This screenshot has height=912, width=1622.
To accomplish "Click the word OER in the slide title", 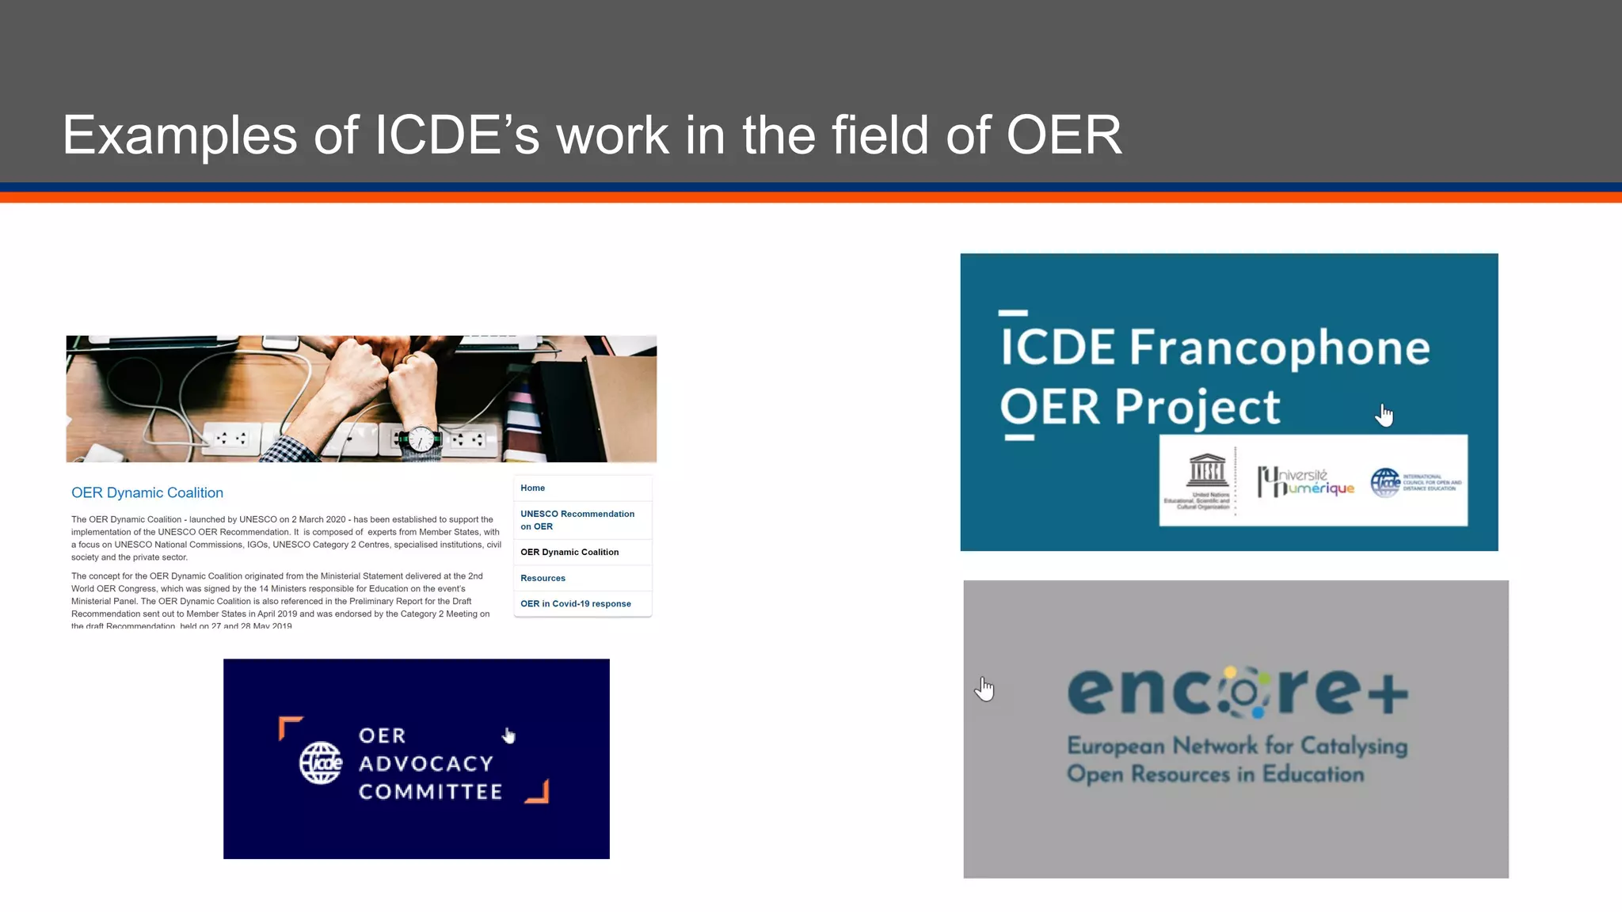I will click(x=1064, y=135).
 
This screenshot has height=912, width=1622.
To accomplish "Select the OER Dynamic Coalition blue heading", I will click(x=147, y=492).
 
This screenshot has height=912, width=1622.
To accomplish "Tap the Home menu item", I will click(x=532, y=488).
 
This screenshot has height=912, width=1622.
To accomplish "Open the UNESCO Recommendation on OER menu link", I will click(x=577, y=520).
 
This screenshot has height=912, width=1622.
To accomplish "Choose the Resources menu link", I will click(x=543, y=578).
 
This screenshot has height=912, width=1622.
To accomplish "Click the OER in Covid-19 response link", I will click(x=575, y=603).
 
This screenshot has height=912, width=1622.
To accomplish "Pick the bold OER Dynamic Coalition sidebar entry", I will click(x=569, y=552).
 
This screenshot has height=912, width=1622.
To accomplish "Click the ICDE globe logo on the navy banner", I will click(x=321, y=763).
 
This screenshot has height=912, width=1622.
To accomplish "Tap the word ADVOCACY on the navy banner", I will click(x=426, y=764).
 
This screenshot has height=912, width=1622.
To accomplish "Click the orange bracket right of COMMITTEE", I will click(x=539, y=791).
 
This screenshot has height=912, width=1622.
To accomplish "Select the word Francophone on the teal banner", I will click(x=1279, y=348).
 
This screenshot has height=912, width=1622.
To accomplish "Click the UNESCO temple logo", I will click(x=1207, y=471).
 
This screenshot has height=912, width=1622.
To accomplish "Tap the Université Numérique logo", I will click(x=1305, y=481).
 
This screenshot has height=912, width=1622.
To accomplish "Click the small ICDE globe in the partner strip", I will click(x=1386, y=482).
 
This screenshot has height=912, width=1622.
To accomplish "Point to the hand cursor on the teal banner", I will click(x=1384, y=414).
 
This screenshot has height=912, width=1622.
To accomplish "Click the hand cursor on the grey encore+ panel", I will click(x=984, y=688).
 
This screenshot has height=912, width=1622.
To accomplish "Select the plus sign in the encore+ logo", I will click(x=1388, y=694).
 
